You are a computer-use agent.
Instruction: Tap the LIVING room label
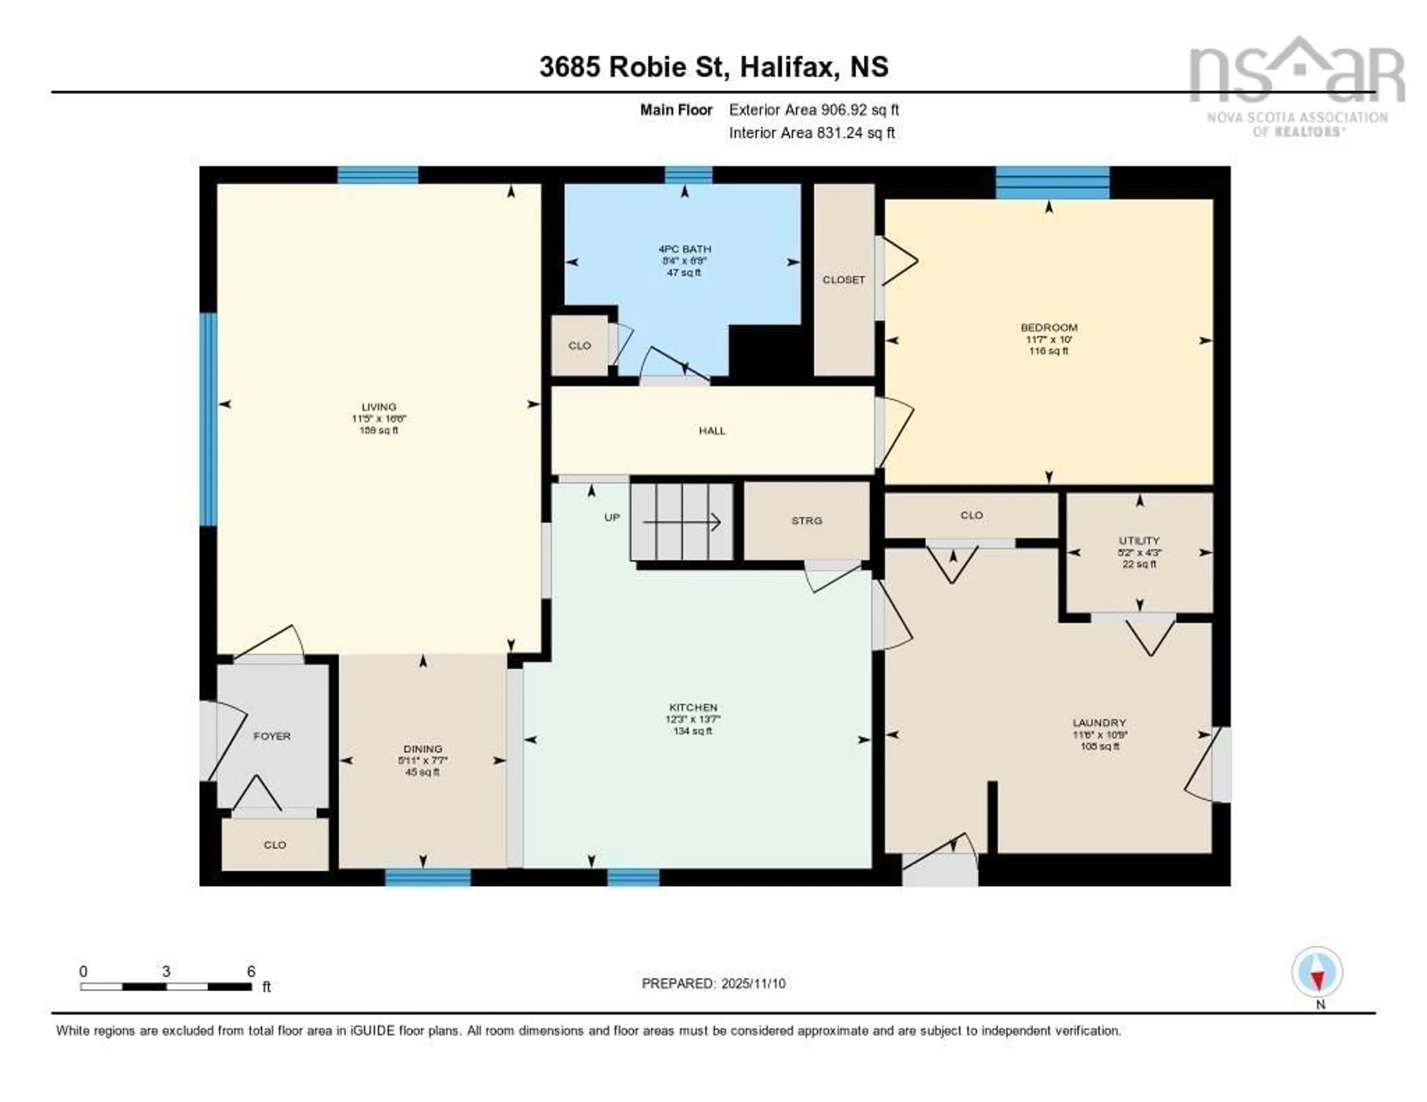(379, 407)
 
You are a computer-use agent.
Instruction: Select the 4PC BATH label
(684, 249)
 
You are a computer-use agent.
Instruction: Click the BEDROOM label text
(1049, 327)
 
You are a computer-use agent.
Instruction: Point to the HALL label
(712, 431)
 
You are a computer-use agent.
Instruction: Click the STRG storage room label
(806, 521)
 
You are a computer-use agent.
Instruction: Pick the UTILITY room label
(1139, 540)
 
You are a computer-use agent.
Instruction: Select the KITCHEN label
(693, 707)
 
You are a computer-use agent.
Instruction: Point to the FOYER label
(272, 736)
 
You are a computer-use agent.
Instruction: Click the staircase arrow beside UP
(682, 522)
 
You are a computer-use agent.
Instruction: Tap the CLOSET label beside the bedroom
(844, 279)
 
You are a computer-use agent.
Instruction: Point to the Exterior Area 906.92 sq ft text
(813, 110)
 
